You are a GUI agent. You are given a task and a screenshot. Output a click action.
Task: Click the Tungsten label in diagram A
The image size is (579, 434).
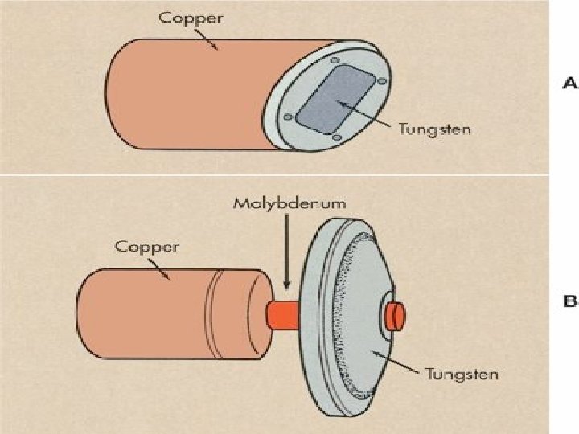tap(435, 129)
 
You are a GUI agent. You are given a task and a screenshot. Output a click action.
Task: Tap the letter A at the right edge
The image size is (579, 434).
tap(569, 84)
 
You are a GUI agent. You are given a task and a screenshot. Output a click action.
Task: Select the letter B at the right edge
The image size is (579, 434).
tap(569, 302)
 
